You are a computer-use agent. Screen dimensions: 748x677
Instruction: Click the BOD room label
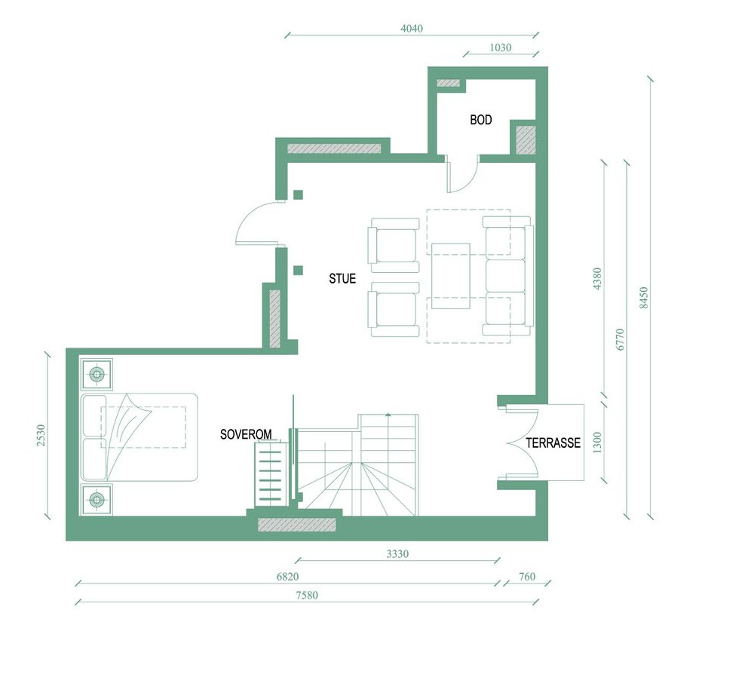(481, 120)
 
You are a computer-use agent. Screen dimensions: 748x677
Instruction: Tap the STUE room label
(342, 279)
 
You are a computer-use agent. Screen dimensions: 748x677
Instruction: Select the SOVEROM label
(246, 434)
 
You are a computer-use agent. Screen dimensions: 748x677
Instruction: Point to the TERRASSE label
(553, 443)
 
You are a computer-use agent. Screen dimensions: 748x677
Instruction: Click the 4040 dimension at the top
(412, 29)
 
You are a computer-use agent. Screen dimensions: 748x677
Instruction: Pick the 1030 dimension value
(501, 47)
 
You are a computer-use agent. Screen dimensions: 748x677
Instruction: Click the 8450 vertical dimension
(644, 298)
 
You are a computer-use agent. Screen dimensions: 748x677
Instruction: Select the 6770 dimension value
(620, 339)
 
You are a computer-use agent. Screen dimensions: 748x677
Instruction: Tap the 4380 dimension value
(597, 279)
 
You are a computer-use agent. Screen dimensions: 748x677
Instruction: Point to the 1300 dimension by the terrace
(597, 443)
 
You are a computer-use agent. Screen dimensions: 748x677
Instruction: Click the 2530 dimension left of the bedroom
(41, 436)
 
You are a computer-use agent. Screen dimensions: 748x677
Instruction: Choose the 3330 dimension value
(397, 554)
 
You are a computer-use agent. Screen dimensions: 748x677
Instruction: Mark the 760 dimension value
(526, 577)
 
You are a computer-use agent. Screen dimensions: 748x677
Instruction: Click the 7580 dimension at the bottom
(307, 596)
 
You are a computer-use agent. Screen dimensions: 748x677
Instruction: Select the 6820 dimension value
(287, 577)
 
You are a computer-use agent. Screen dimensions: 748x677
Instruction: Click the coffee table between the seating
(451, 276)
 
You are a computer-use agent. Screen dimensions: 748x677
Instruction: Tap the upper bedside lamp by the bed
(97, 375)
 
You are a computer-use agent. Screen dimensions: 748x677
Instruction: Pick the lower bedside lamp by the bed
(97, 500)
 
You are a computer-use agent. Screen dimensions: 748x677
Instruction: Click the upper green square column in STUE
(298, 195)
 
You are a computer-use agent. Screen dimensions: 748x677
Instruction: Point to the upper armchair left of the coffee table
(394, 245)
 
